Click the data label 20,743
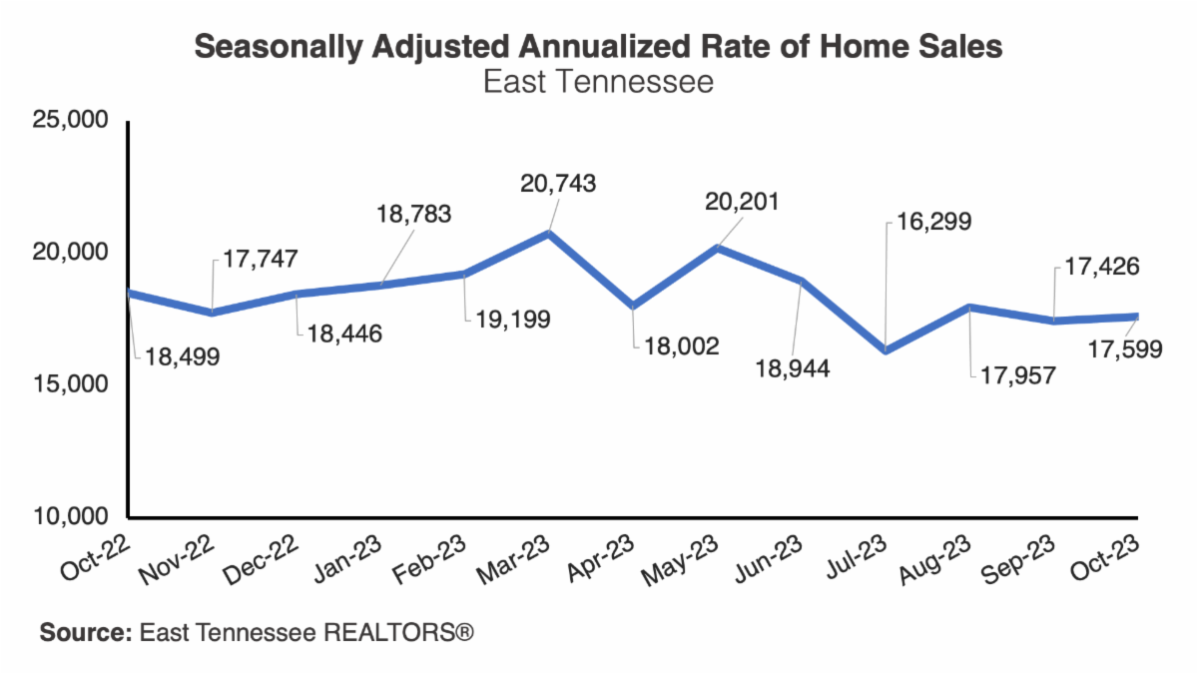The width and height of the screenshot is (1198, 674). coord(558,184)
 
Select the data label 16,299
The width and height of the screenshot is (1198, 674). coord(927,221)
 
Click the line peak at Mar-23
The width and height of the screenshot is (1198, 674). coord(549,234)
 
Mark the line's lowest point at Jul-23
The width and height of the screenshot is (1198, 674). coord(886,350)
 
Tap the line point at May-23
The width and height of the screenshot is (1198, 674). coord(717,247)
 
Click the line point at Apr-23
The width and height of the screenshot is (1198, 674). coord(633,306)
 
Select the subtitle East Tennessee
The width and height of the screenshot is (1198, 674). coord(598,81)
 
